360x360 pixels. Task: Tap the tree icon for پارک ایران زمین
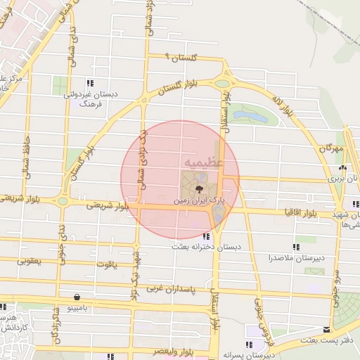199,188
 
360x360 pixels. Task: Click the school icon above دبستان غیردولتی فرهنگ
89,82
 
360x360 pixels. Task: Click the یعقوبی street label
30,261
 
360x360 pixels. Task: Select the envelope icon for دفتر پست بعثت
326,329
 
